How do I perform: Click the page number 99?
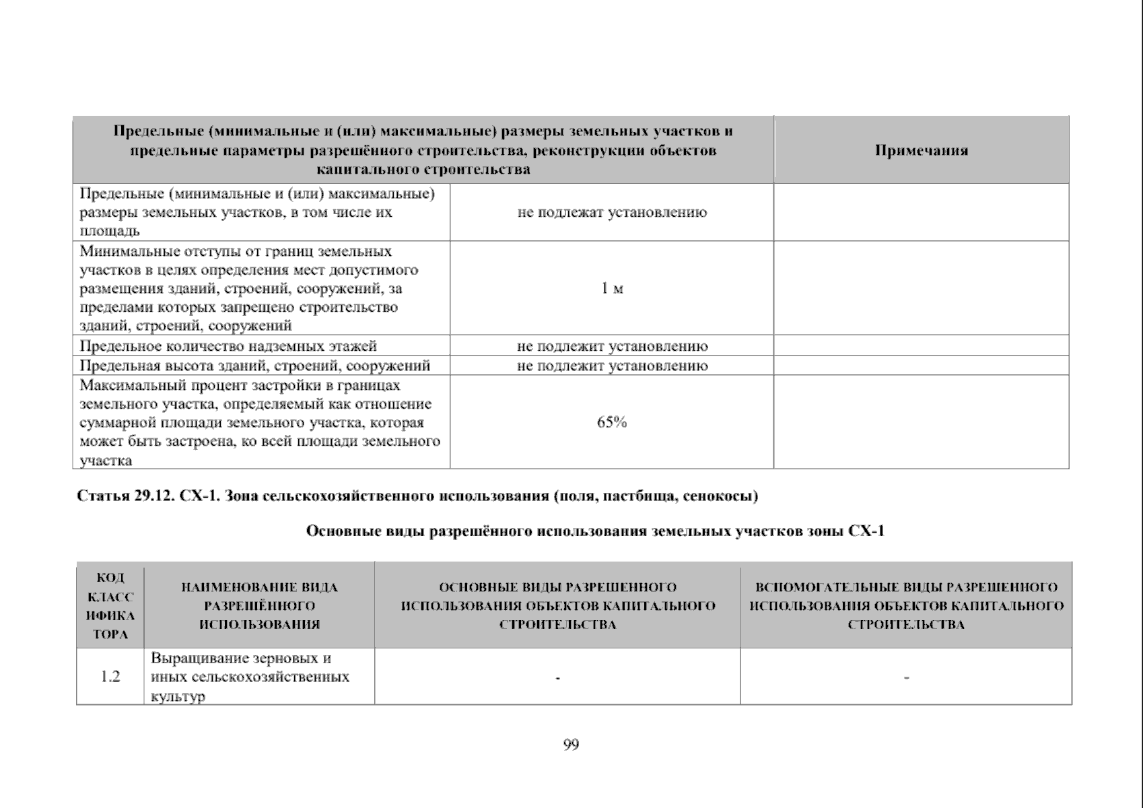coord(571,745)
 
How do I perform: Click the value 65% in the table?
coord(612,422)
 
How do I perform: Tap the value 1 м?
coord(612,289)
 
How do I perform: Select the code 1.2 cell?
coord(110,677)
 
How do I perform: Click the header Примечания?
coord(921,150)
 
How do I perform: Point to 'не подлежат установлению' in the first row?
coord(612,213)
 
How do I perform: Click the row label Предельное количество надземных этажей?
coord(228,346)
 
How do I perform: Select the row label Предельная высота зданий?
coord(254,366)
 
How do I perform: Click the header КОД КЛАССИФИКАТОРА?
coord(110,606)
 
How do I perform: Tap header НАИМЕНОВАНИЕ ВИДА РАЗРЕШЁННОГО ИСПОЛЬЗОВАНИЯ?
coord(259,606)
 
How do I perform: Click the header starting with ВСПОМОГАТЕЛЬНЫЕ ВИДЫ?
coord(906,606)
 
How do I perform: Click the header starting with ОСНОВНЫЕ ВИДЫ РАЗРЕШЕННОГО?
coord(557,606)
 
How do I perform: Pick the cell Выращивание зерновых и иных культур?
coord(250,677)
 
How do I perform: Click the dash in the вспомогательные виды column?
coord(906,677)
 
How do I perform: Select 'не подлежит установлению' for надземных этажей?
coord(612,346)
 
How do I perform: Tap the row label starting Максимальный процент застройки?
coord(259,422)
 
